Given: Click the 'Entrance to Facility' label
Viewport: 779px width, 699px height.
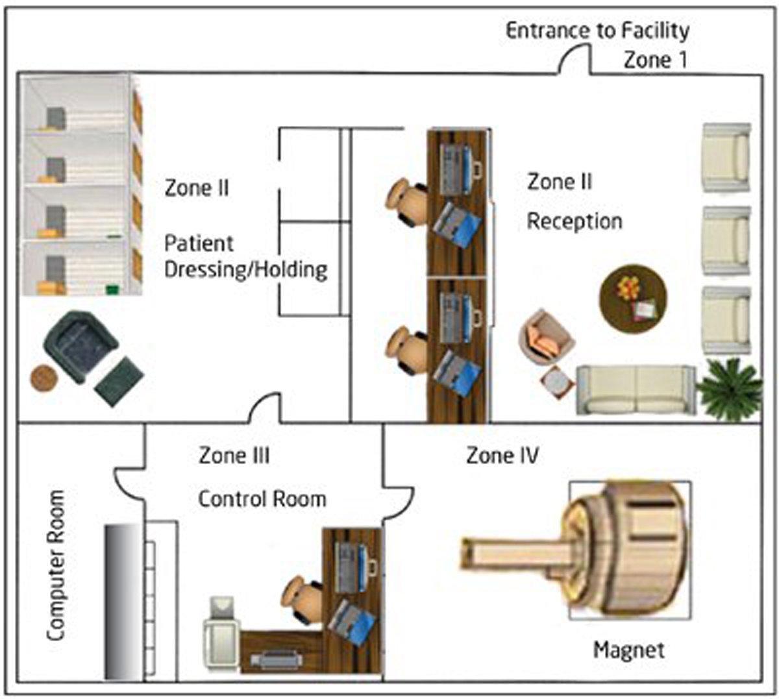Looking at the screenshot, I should coord(597,31).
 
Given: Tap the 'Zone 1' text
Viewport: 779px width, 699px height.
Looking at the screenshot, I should coord(655,60).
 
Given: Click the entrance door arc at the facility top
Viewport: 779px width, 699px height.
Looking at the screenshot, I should coord(574,60).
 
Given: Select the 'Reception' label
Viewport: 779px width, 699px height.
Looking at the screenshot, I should coord(574,221).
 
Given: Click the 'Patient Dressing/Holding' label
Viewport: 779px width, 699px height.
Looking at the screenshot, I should coord(245,256).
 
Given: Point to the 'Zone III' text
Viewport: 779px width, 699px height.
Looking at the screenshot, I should coord(234,456).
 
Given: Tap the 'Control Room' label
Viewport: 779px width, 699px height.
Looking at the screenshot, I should coord(262,499).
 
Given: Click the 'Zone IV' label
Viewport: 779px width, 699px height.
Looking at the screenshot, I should coord(502,456).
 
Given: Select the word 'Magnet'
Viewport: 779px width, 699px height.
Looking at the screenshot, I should coord(628,649).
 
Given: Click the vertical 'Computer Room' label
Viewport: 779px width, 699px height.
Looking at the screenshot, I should coord(56,565).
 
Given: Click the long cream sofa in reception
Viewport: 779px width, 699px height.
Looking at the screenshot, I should coord(636,389).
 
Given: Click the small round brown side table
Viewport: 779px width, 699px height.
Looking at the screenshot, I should coord(44,378).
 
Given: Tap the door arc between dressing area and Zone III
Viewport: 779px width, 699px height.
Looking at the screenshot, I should coord(266,409).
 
